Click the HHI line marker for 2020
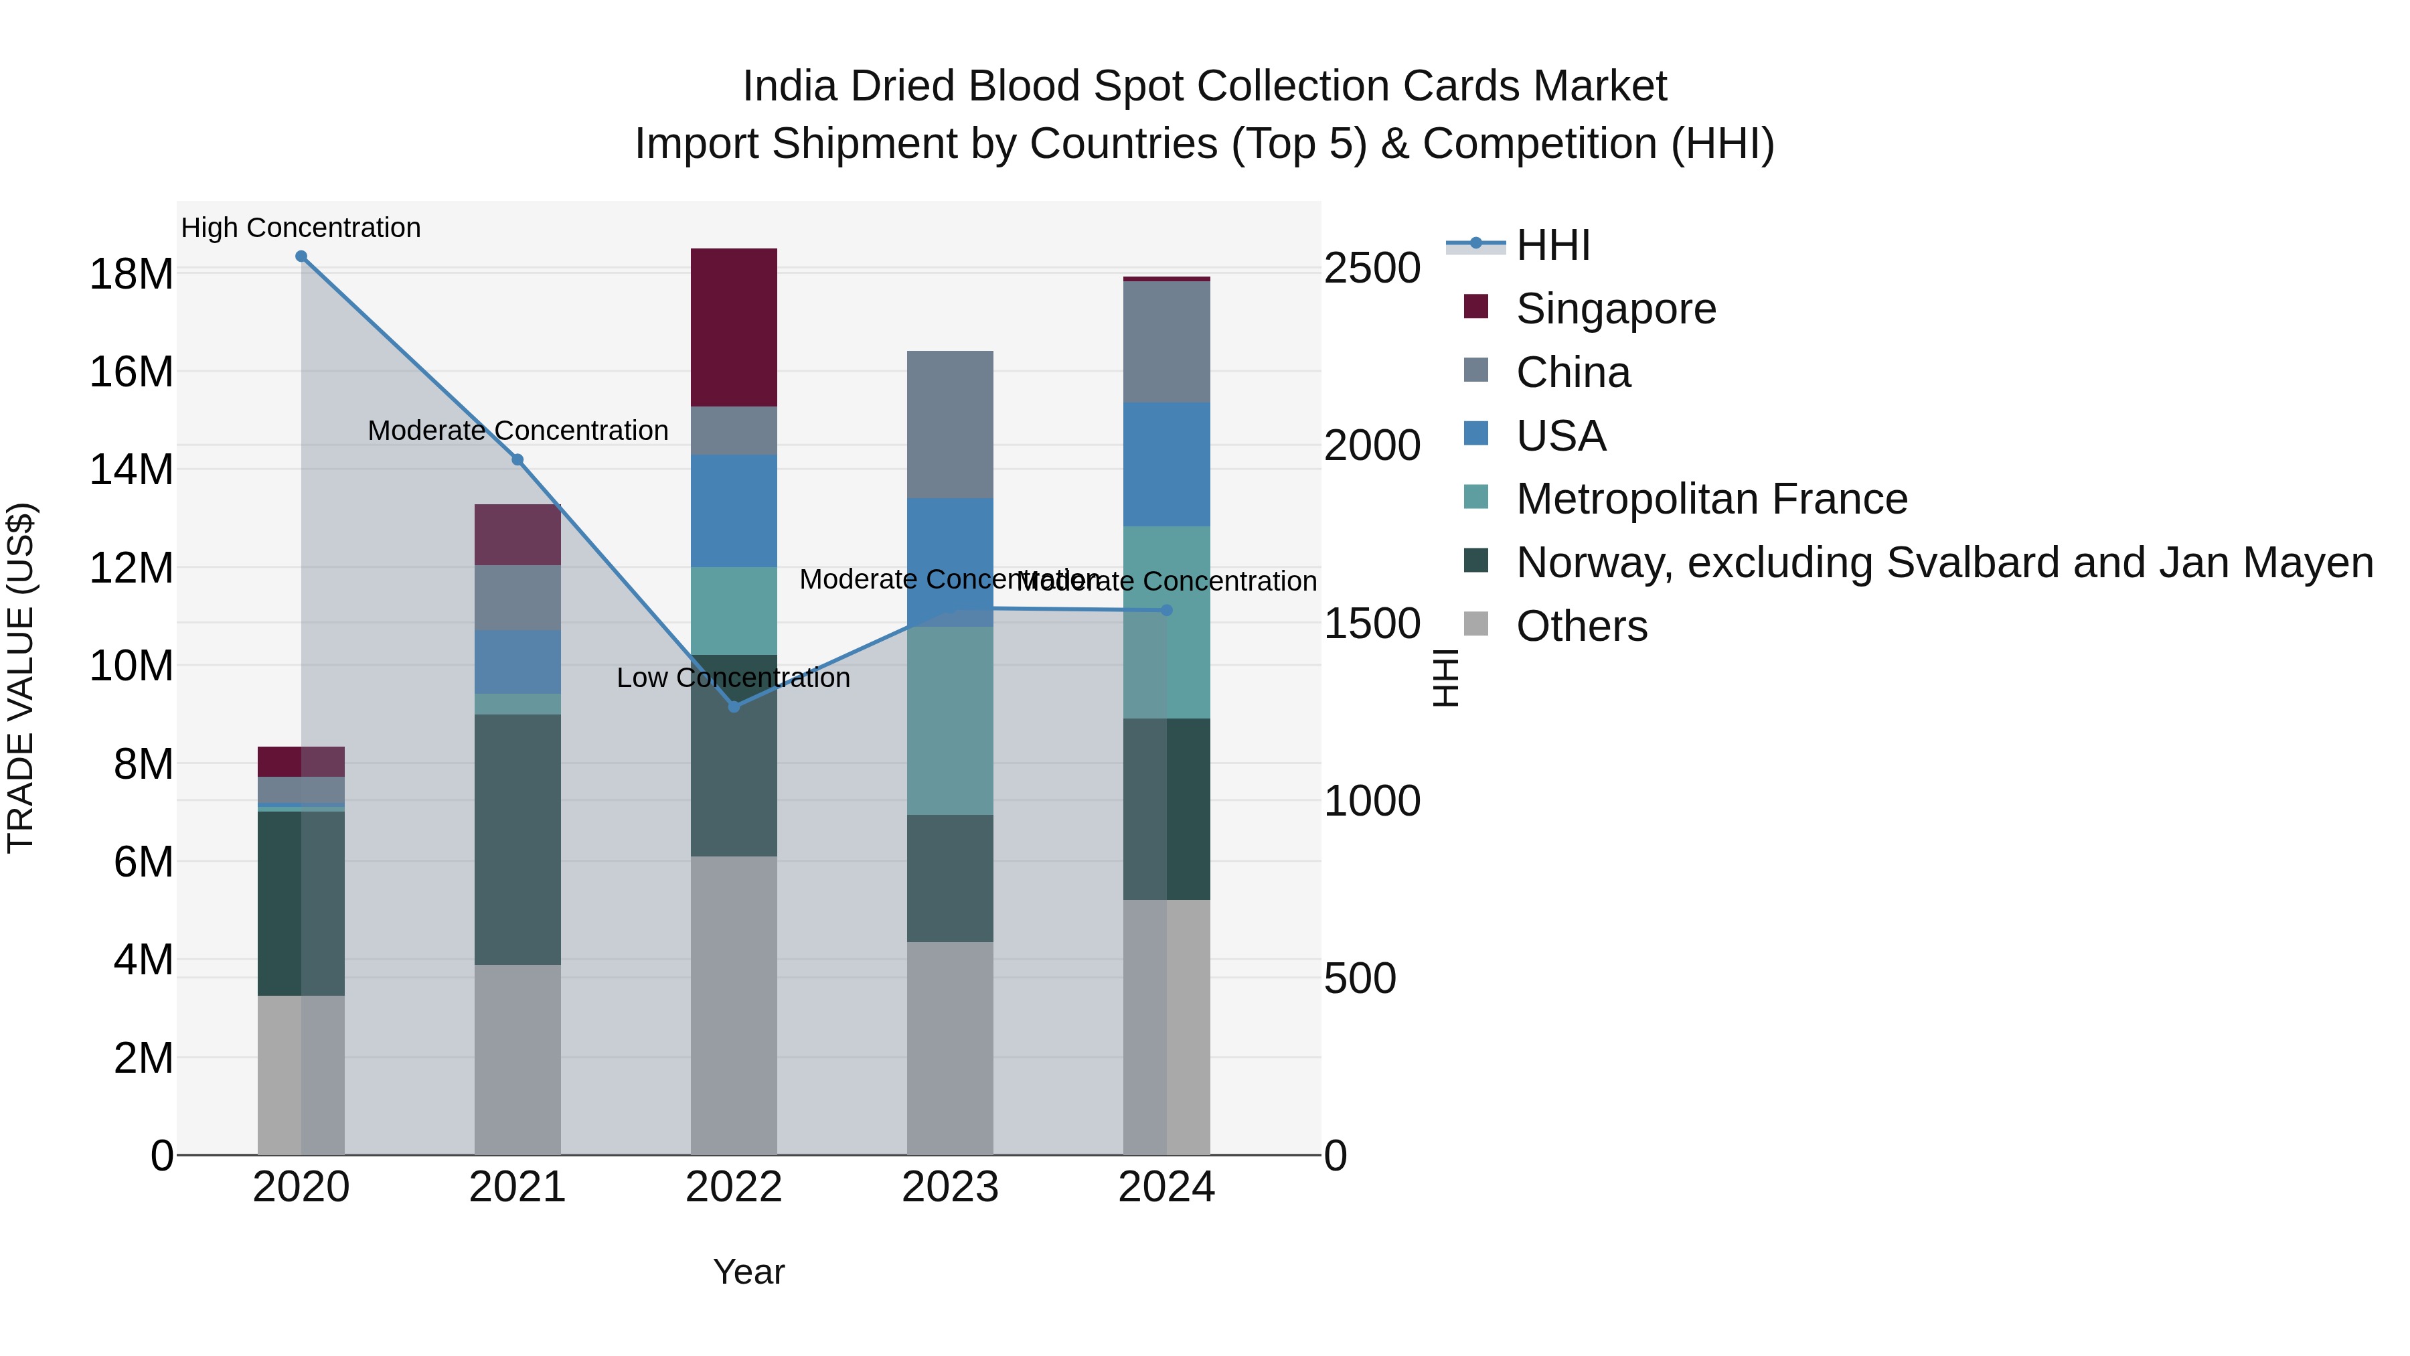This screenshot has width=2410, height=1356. point(301,256)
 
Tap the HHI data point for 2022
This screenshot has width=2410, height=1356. point(734,706)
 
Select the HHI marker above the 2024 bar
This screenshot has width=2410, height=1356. point(1167,610)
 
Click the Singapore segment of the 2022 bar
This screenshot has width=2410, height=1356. point(734,327)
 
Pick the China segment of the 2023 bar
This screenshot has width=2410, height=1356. point(951,425)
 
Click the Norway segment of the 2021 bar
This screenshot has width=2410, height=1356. point(517,840)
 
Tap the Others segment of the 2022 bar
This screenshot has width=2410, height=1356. point(734,1005)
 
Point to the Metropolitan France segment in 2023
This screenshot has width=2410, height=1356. point(951,721)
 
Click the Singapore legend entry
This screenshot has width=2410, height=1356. point(1616,309)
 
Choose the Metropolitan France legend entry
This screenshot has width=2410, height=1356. point(1711,499)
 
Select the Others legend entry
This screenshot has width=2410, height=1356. point(1581,626)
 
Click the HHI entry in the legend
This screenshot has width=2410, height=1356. point(1553,245)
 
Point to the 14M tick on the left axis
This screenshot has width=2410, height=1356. point(131,470)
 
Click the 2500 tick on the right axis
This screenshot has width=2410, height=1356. point(1372,269)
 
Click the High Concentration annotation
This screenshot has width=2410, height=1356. point(301,228)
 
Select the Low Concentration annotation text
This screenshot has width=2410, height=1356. point(734,678)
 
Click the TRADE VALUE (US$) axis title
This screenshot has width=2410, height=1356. point(21,678)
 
